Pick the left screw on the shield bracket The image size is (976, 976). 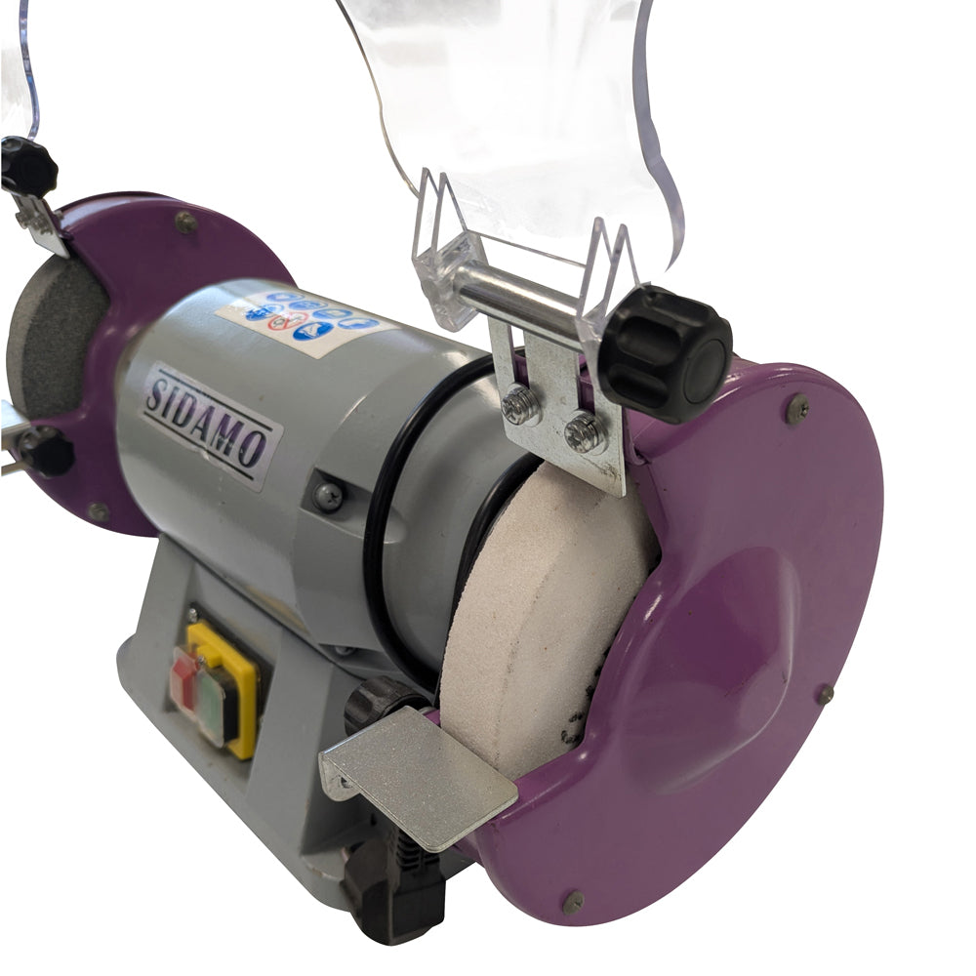pos(521,405)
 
